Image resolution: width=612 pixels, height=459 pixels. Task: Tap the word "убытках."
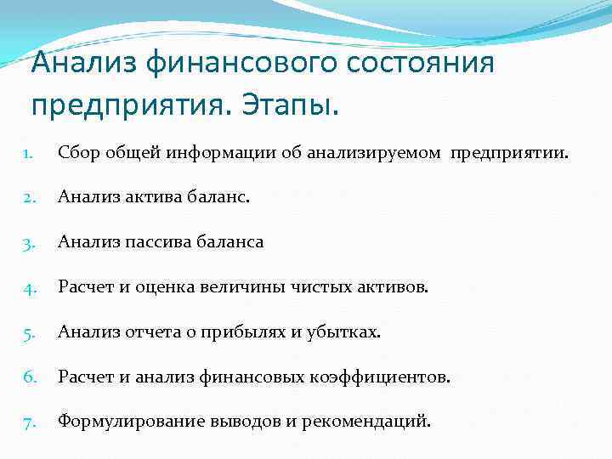[346, 331]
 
